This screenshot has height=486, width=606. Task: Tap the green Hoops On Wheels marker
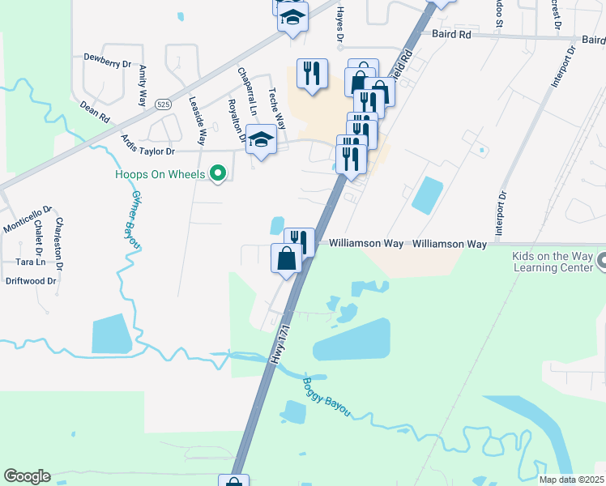coord(217,173)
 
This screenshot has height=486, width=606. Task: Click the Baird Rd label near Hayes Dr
coord(452,36)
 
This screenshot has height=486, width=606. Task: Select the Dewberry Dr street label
coord(107,62)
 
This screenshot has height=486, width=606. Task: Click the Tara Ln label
coord(30,262)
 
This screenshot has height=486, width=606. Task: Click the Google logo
coord(27,476)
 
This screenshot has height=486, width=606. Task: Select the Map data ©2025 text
coord(570,480)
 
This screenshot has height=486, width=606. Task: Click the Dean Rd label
coord(94,111)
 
